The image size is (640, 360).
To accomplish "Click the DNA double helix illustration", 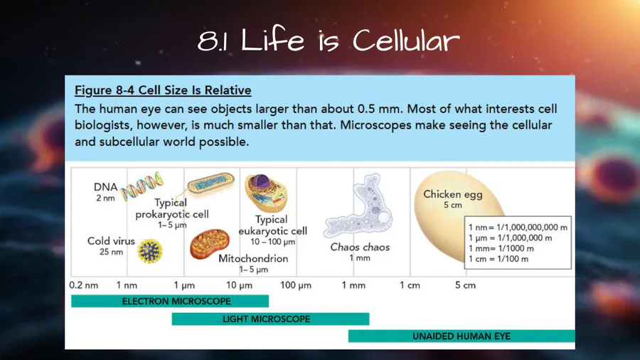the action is tap(142, 186).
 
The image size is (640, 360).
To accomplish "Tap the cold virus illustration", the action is tap(150, 250).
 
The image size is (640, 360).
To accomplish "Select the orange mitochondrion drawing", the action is tap(209, 243).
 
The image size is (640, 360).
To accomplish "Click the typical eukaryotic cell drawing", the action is tap(266, 193).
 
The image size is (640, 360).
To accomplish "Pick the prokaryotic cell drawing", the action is tap(211, 184).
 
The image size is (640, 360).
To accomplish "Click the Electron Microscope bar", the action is tap(170, 301).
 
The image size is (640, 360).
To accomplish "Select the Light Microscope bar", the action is tap(271, 319).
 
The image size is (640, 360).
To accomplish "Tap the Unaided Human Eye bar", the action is tap(462, 337).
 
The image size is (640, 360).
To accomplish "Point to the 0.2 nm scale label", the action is tap(84, 285).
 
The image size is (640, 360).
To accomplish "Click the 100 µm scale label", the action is tap(296, 285).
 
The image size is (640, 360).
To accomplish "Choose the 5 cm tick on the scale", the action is tap(465, 285).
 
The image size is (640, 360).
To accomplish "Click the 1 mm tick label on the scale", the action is tap(353, 285).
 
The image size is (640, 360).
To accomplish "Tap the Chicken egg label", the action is tap(453, 194).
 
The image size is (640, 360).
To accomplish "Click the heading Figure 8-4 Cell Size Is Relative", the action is tap(163, 90).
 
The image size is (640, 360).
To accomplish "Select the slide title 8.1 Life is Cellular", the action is tap(329, 41).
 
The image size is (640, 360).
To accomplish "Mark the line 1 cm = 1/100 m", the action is tap(498, 259).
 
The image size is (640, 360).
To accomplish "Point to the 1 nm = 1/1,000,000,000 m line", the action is tap(518, 228).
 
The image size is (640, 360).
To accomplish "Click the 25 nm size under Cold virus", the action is tap(111, 252).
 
